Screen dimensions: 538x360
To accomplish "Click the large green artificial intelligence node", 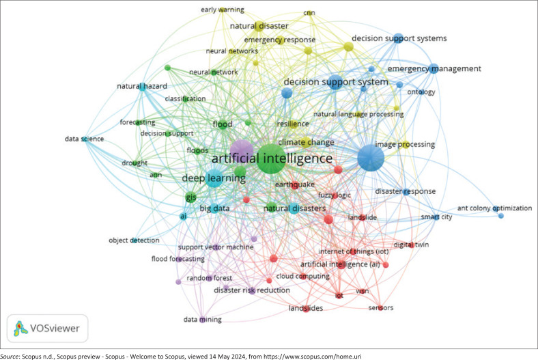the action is [268, 159].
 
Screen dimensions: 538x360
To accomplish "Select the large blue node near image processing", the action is [371, 159].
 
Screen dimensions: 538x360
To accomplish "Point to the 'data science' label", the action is [84, 139].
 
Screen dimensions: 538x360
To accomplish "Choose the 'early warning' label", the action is [222, 10].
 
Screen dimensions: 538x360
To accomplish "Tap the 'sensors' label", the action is [380, 308].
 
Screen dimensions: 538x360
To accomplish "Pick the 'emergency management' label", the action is [434, 69].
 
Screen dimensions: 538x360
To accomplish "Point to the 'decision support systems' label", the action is [399, 38].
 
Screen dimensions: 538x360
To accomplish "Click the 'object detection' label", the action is [134, 240].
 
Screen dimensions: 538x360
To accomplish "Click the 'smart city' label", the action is [435, 217].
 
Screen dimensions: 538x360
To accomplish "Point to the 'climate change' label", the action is [307, 142].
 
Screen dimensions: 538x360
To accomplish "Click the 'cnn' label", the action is [309, 13].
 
